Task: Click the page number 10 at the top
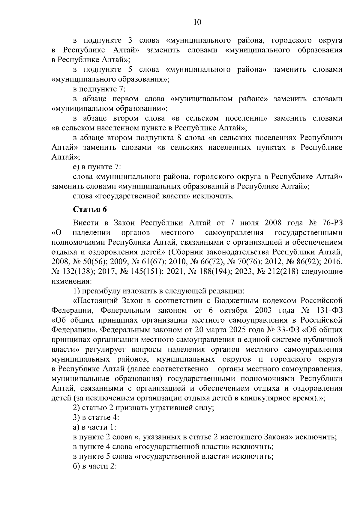(x=197, y=22)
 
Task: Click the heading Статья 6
(x=90, y=209)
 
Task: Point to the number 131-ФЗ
(x=330, y=310)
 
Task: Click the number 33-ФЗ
(x=287, y=330)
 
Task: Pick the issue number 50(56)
(x=94, y=262)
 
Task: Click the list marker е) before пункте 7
(x=76, y=167)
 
